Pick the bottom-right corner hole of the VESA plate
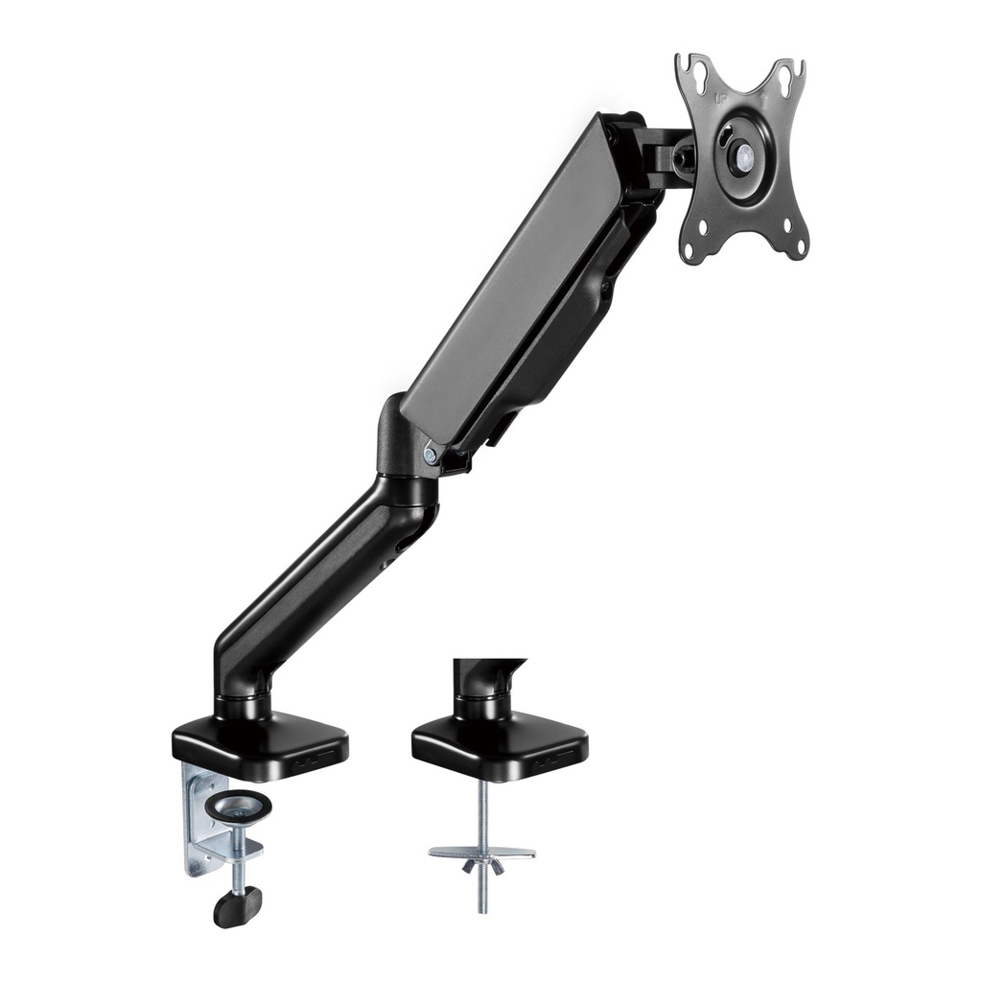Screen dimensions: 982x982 pyautogui.click(x=791, y=227)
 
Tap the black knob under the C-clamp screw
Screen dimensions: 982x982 pyautogui.click(x=237, y=905)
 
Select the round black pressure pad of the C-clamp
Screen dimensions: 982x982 pyautogui.click(x=236, y=807)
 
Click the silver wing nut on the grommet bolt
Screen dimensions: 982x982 pyautogui.click(x=481, y=866)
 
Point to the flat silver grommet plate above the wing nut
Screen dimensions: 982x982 pyautogui.click(x=481, y=852)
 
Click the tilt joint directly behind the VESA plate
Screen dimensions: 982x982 pyautogui.click(x=671, y=153)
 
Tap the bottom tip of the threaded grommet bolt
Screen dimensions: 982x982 pyautogui.click(x=481, y=908)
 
